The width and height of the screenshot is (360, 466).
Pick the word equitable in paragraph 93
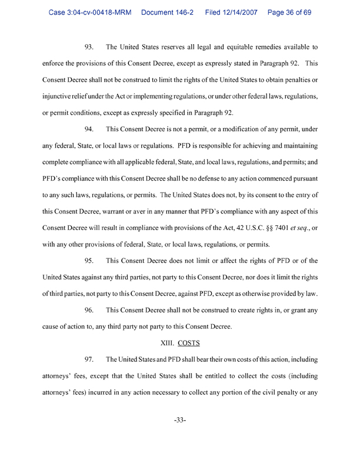click(220, 46)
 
